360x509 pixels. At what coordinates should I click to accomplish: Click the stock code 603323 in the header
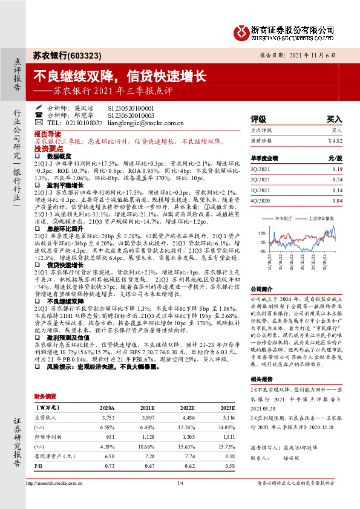click(x=85, y=55)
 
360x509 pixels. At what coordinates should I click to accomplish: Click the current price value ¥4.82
click(x=335, y=141)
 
